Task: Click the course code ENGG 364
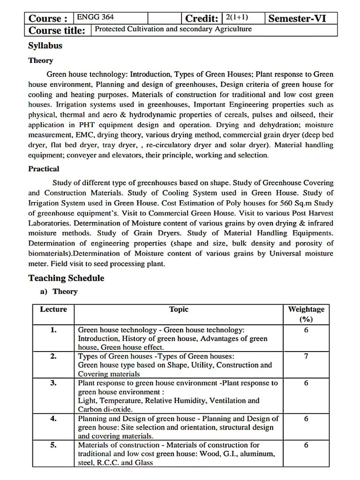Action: (x=95, y=17)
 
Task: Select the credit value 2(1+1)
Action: (x=237, y=17)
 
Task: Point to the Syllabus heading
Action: (x=45, y=45)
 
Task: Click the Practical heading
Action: (x=44, y=169)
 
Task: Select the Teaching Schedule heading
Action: (x=66, y=278)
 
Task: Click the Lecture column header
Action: (x=53, y=309)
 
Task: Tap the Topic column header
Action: (x=179, y=309)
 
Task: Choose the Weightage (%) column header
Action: (x=306, y=314)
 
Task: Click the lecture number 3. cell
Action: (x=53, y=383)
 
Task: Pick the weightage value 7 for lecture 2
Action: (x=306, y=356)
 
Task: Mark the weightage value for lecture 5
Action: (x=306, y=445)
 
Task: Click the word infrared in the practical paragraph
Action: (x=318, y=223)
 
